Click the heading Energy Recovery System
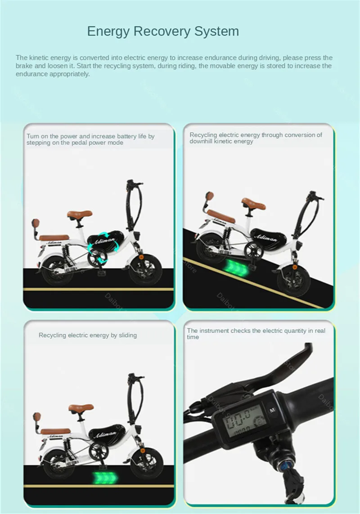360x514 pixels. tap(163, 31)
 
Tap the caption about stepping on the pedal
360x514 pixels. tap(90, 139)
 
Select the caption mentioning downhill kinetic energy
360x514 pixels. tap(256, 138)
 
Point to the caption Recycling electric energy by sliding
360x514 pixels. tap(88, 335)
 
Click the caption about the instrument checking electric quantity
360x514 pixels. tap(256, 334)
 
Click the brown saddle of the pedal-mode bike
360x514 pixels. tap(80, 214)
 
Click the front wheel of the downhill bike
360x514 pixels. tap(290, 280)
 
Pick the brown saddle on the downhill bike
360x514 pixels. tap(253, 202)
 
